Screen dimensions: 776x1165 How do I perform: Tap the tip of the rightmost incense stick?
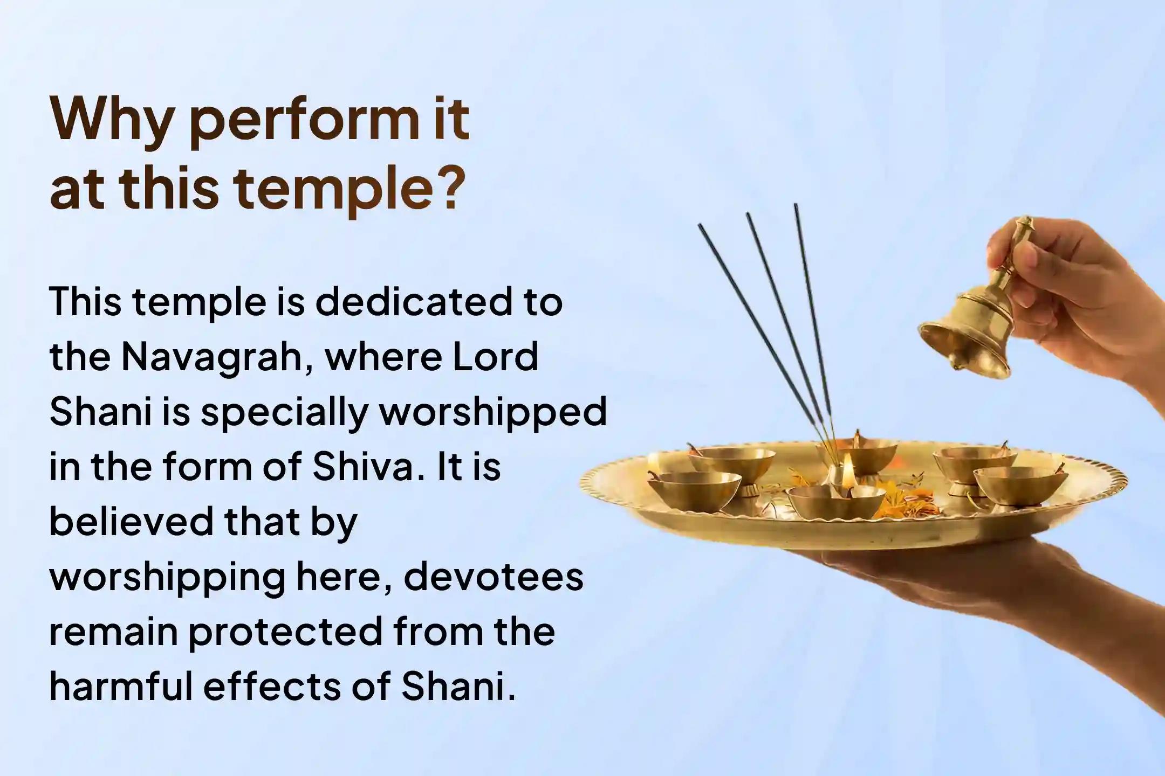click(x=795, y=206)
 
